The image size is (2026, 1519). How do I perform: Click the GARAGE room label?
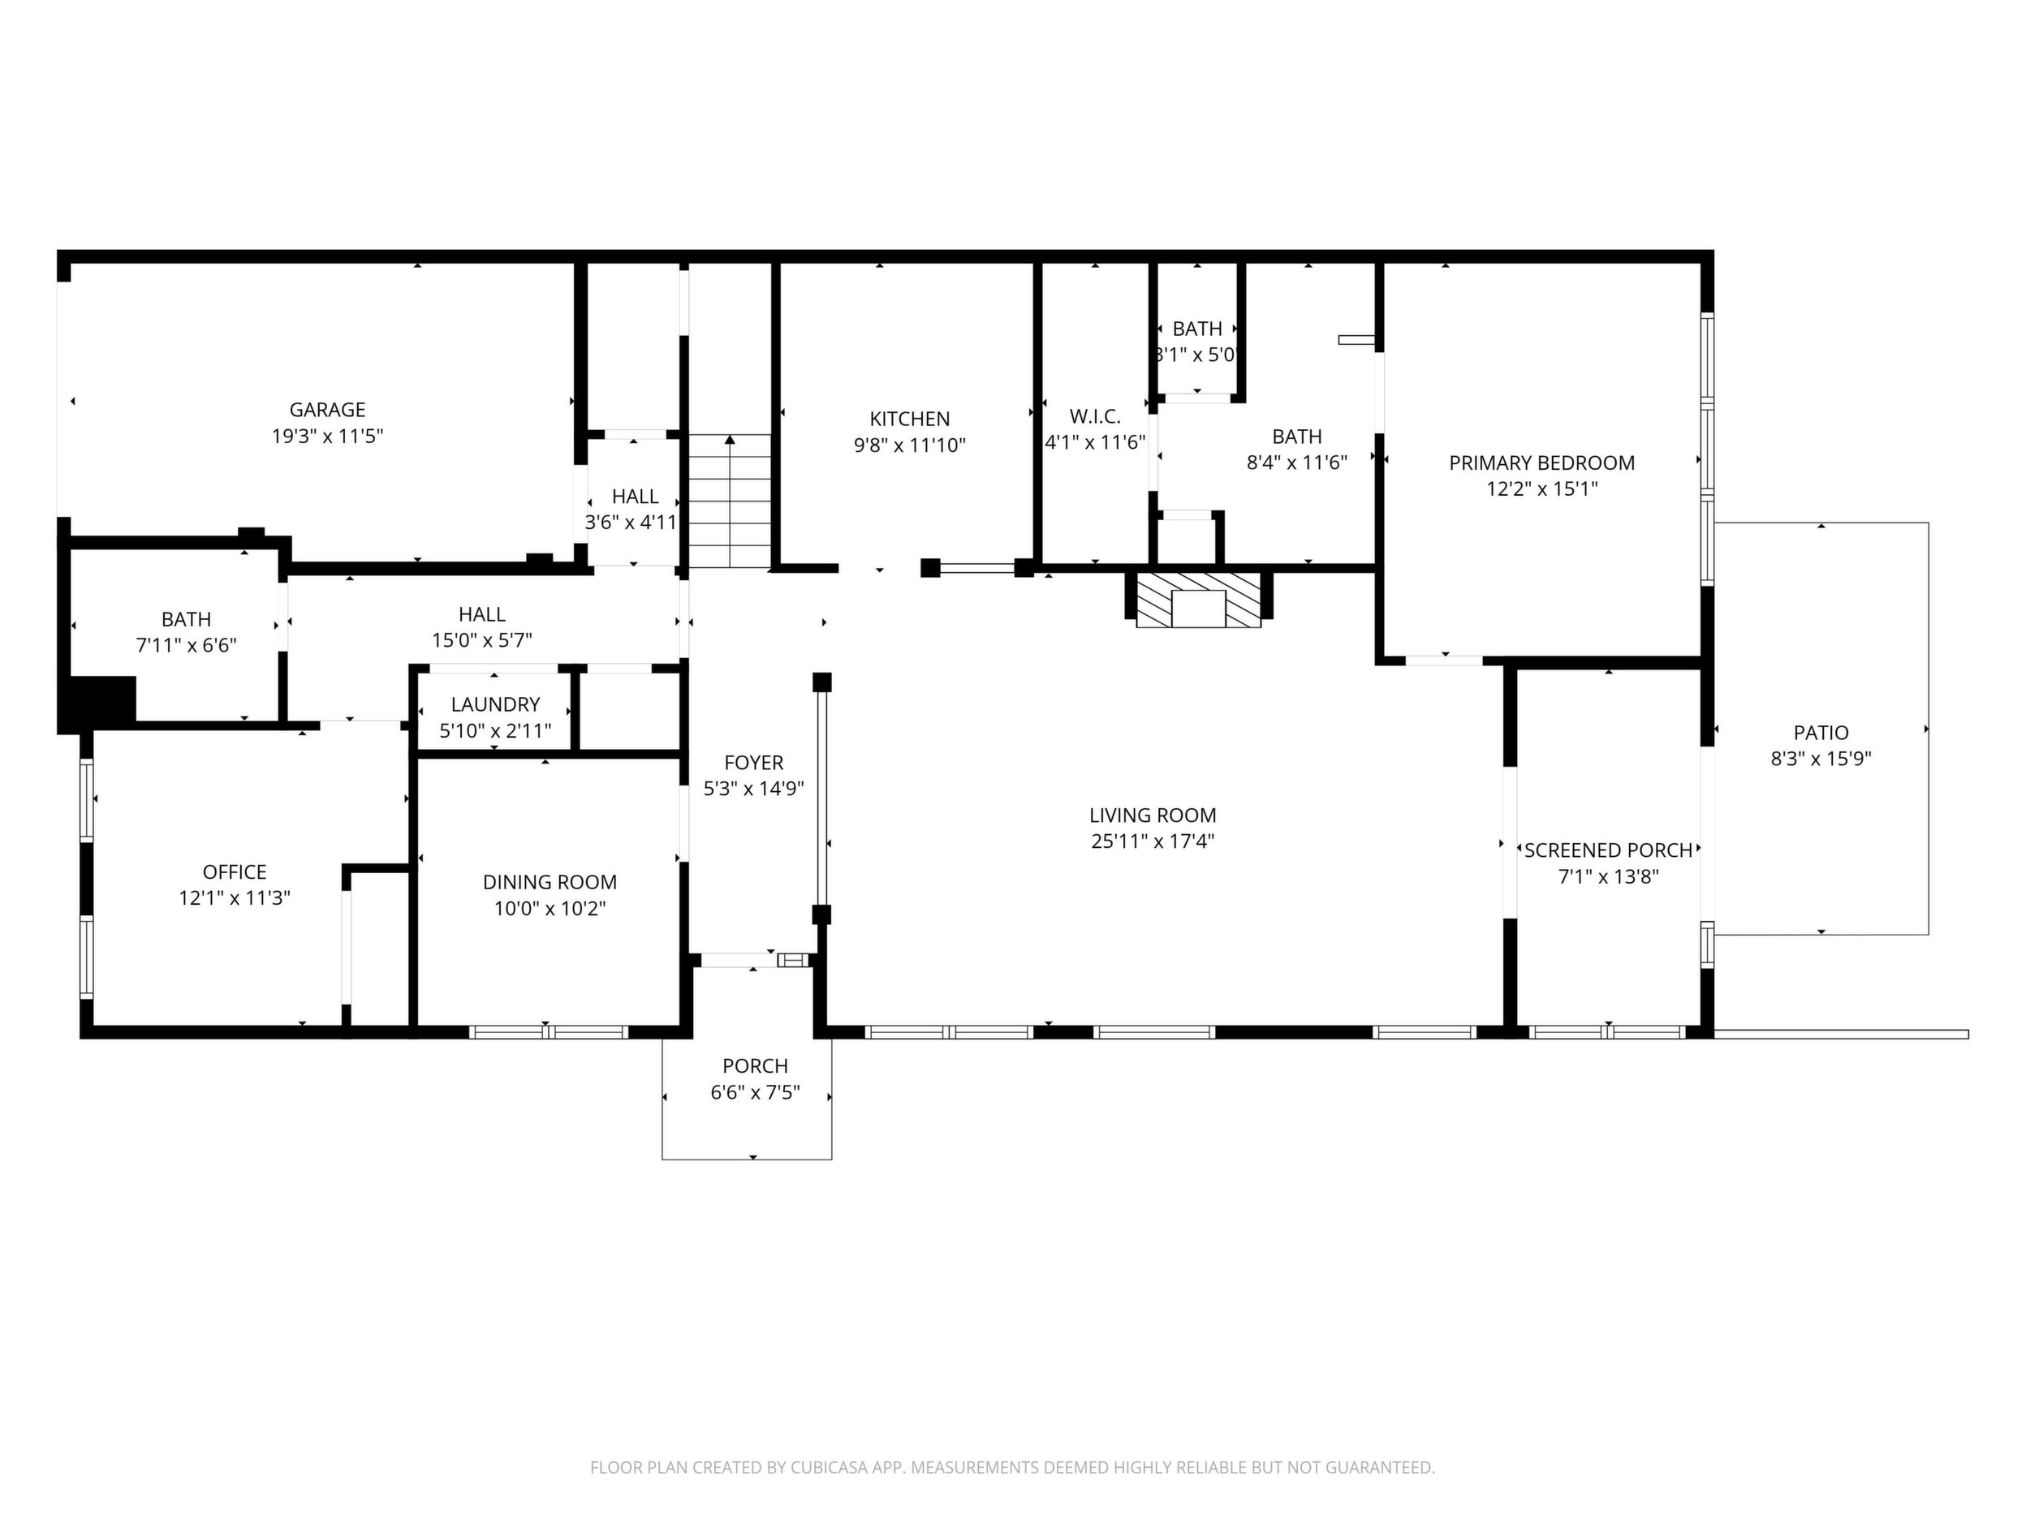[x=327, y=411]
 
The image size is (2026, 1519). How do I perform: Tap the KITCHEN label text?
[x=909, y=420]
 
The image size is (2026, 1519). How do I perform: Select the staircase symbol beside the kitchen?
[x=730, y=501]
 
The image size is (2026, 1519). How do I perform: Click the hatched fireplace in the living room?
[x=1198, y=600]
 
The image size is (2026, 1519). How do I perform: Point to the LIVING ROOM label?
[x=1153, y=815]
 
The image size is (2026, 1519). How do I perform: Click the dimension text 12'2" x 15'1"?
[x=1541, y=489]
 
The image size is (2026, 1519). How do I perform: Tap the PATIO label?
[x=1821, y=734]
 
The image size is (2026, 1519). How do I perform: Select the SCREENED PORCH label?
[x=1608, y=850]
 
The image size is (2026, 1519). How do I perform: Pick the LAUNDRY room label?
[x=494, y=705]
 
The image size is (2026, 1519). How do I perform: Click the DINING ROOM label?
[x=550, y=883]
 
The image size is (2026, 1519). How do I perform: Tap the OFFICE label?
[x=235, y=872]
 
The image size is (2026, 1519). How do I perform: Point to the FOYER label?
[x=754, y=763]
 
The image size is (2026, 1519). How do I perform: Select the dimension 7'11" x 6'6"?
[x=186, y=646]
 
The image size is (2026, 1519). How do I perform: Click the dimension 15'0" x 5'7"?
[x=482, y=640]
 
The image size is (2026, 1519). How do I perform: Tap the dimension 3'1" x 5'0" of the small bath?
[x=1197, y=355]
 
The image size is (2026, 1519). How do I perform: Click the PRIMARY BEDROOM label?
[x=1541, y=463]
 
